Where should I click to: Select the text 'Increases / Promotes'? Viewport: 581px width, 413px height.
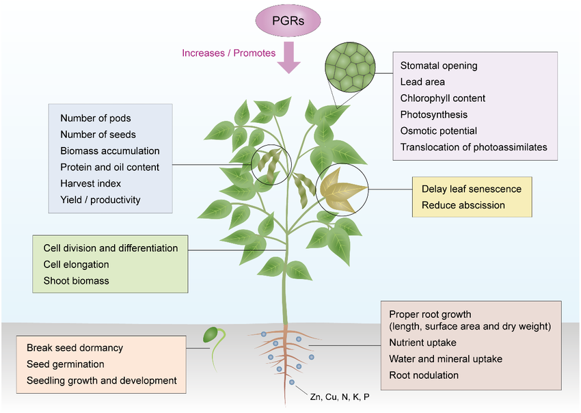tap(229, 53)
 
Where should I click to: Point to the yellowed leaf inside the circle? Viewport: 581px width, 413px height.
tap(342, 189)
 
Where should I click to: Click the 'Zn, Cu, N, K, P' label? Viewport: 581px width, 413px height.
tap(339, 397)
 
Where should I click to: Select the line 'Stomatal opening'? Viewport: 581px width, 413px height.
tap(439, 66)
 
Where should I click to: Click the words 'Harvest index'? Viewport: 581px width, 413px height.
tap(90, 183)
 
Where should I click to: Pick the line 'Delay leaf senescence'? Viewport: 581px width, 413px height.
tap(471, 189)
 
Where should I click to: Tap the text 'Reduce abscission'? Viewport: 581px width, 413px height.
tap(463, 205)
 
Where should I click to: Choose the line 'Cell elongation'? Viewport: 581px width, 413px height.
tap(76, 264)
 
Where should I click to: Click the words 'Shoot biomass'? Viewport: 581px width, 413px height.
tap(76, 280)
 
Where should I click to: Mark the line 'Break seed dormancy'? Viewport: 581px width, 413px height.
tap(75, 347)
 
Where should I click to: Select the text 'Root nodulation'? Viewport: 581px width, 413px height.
tap(424, 375)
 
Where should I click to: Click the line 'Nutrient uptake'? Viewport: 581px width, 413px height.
tap(422, 342)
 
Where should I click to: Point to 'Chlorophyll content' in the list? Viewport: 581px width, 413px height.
tap(443, 98)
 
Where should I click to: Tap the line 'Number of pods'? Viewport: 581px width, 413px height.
tap(95, 118)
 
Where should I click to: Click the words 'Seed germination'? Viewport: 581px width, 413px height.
tap(66, 364)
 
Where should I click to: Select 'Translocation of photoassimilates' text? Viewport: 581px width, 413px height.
tap(474, 147)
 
